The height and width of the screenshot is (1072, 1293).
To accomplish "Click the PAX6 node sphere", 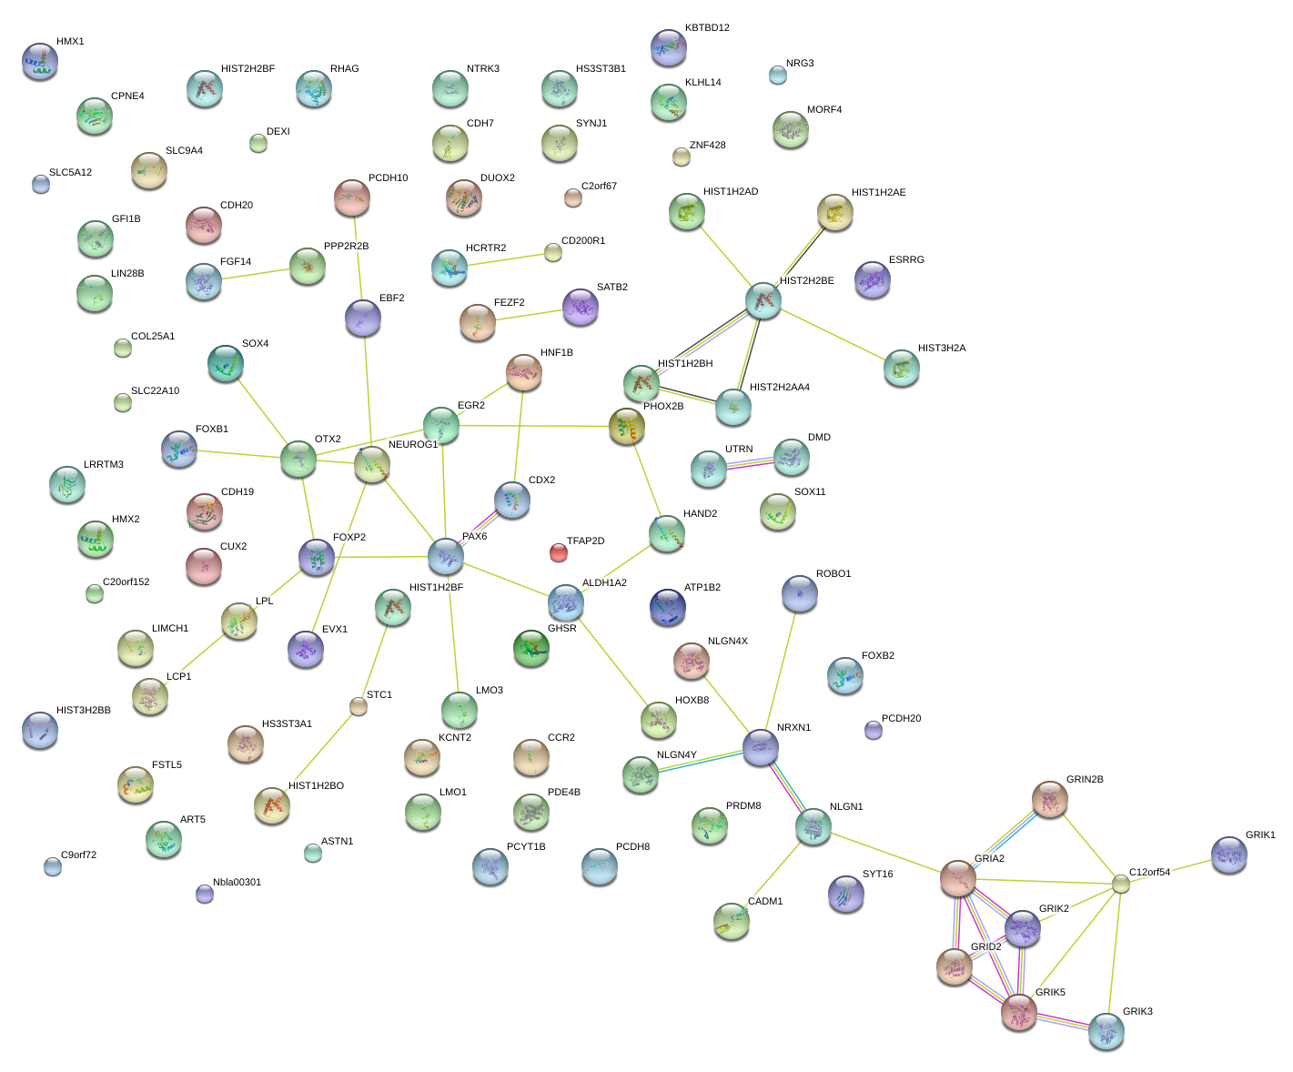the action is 445,556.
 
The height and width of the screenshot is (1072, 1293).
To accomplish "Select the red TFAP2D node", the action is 558,552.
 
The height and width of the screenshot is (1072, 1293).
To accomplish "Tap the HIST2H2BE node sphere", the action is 763,300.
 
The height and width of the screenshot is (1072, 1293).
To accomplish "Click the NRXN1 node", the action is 760,747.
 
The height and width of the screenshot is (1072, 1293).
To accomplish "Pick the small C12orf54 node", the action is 1120,884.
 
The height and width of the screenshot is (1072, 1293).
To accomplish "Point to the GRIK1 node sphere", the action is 1228,855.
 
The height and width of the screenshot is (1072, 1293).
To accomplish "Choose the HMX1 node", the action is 40,61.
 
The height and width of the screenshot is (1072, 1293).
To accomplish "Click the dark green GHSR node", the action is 530,648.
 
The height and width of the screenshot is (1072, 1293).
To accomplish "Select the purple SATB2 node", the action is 580,307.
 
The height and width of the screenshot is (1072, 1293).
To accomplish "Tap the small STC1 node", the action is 358,706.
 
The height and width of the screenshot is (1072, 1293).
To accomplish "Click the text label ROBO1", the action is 833,573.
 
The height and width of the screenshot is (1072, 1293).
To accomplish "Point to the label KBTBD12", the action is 707,28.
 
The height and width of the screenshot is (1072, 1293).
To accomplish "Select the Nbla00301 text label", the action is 237,882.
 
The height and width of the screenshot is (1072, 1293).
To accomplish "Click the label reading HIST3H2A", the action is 941,348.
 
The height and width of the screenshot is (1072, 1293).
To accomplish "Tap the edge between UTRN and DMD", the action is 749,463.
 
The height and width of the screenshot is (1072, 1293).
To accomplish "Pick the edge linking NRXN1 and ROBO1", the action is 781,671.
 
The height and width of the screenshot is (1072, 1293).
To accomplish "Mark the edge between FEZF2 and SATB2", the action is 529,315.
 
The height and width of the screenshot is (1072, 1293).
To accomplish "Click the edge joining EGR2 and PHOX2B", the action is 534,426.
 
